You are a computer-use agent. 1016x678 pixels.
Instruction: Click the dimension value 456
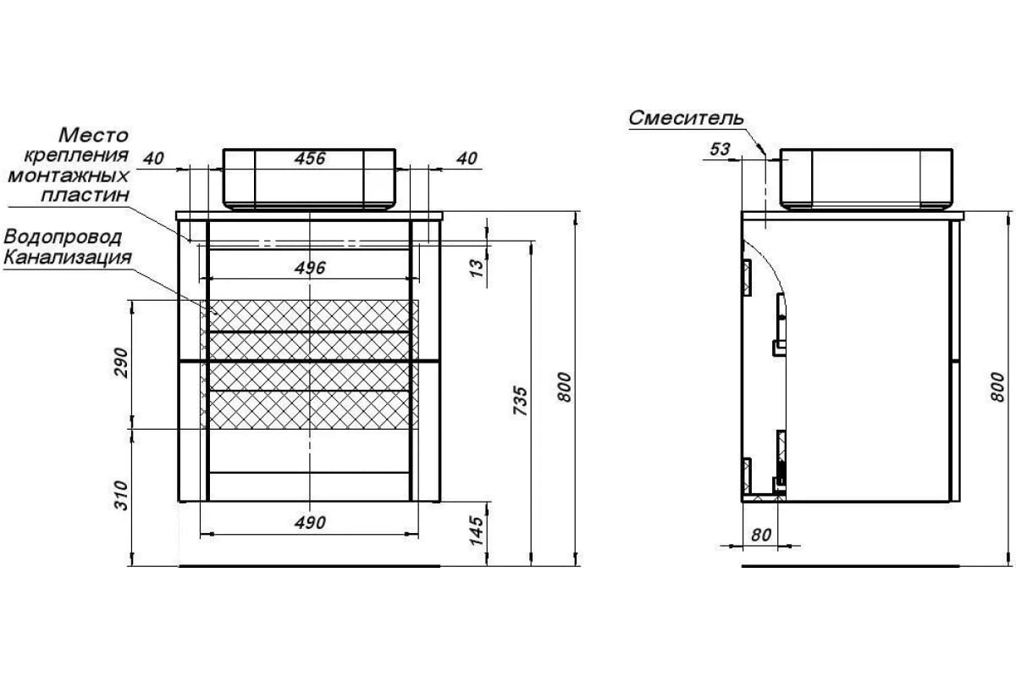[311, 158]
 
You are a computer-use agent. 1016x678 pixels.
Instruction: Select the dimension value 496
[311, 268]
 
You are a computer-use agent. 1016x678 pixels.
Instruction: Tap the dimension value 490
[311, 522]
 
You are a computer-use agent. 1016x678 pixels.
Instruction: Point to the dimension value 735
[522, 400]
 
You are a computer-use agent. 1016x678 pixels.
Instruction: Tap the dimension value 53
[719, 149]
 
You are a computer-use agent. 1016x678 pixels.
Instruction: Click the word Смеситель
[686, 119]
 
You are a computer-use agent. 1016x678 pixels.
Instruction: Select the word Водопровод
[63, 236]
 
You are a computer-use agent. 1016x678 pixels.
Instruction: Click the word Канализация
[67, 256]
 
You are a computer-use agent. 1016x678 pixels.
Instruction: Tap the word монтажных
[68, 175]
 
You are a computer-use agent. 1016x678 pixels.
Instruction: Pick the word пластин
[87, 195]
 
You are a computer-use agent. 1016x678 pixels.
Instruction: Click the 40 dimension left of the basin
[153, 158]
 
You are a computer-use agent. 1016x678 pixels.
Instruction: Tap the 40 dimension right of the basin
[468, 158]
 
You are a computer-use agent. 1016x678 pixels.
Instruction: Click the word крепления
[76, 155]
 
